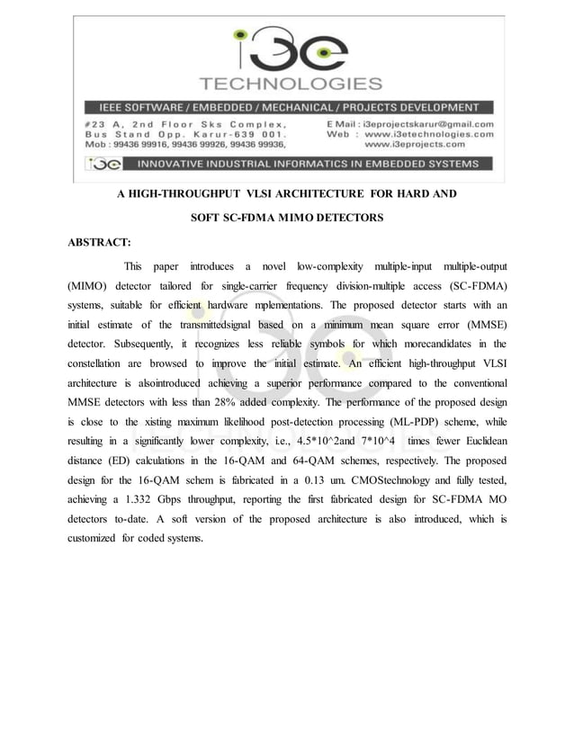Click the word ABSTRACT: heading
pos(100,242)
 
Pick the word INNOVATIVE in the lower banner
pos(177,164)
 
